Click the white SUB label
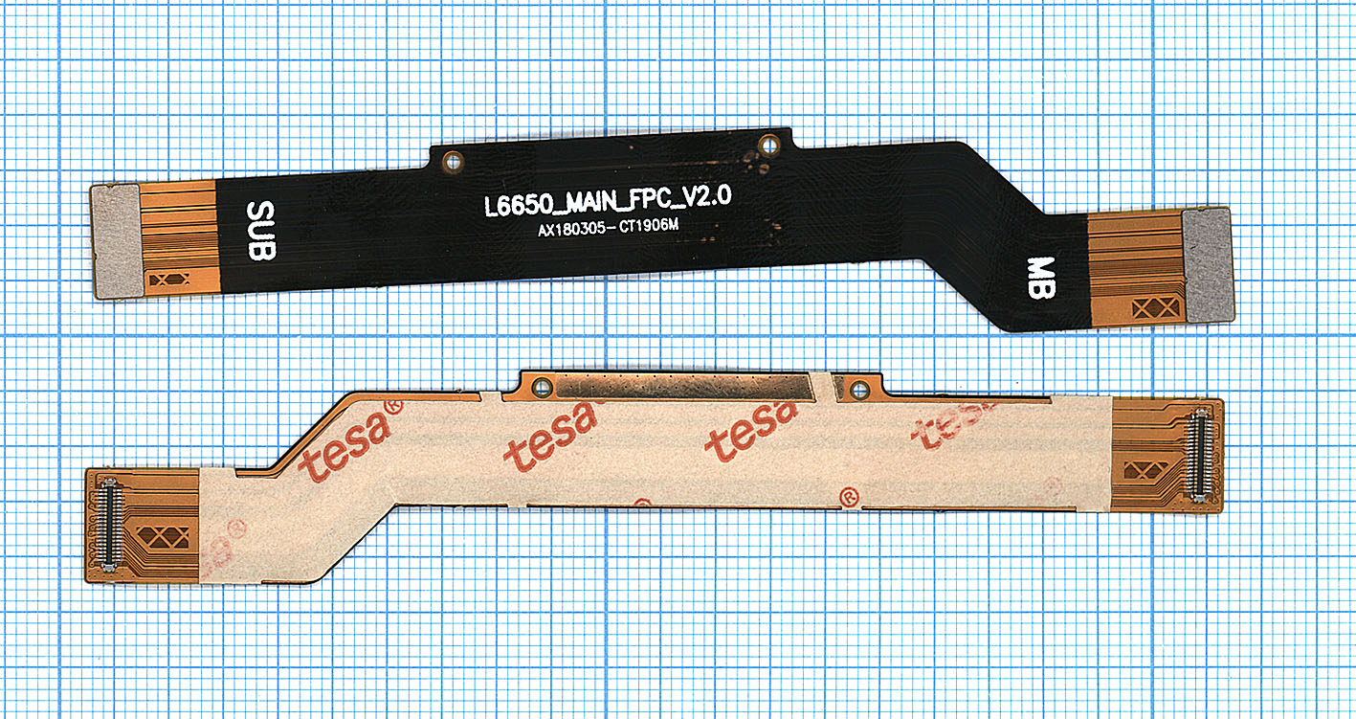[261, 231]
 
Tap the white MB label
[1041, 278]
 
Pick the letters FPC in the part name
[646, 199]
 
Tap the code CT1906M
[649, 226]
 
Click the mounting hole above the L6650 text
[453, 162]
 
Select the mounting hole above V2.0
[769, 146]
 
